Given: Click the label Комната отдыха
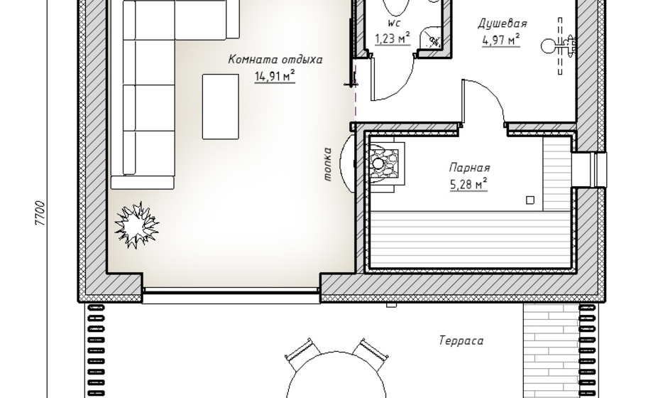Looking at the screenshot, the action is (x=275, y=59).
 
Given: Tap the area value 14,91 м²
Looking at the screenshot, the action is (x=275, y=76).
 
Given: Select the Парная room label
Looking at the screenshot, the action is (x=469, y=168).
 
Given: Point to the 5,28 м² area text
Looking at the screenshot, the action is (x=469, y=184).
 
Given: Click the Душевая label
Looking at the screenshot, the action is (x=502, y=23).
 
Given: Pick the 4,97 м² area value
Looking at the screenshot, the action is (x=501, y=40).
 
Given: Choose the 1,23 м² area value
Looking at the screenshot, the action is (x=393, y=38).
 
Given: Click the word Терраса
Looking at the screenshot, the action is (x=461, y=341).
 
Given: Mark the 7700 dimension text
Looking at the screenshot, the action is (x=40, y=213).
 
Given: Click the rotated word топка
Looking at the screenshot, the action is (x=328, y=164).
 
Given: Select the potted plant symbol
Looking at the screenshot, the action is (x=136, y=226).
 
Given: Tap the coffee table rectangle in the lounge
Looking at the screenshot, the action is (x=221, y=107).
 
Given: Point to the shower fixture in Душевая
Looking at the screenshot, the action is (x=560, y=45).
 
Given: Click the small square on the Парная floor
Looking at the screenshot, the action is (x=530, y=200).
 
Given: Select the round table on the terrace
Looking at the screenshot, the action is (x=336, y=377).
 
